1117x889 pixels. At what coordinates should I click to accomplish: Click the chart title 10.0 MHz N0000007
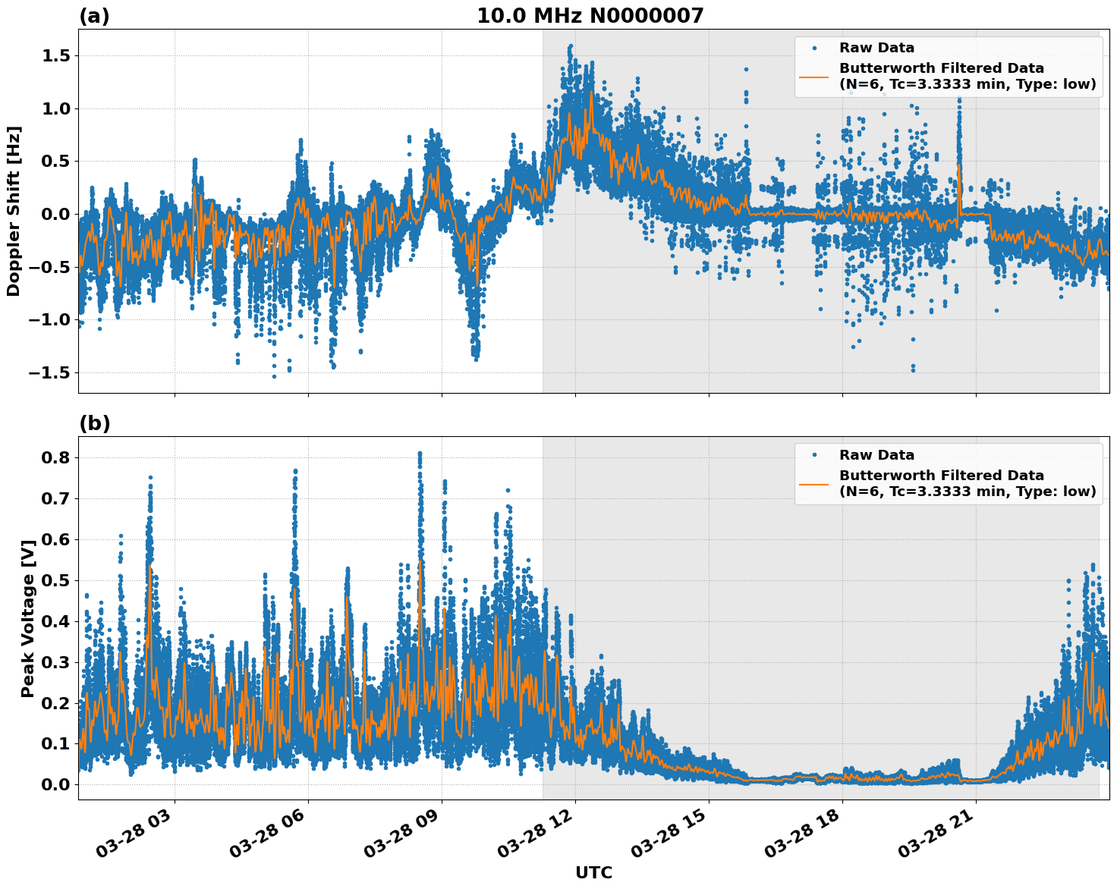tap(590, 16)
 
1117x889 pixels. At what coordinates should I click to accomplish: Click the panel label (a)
tap(94, 17)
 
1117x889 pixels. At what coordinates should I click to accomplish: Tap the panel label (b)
tap(94, 424)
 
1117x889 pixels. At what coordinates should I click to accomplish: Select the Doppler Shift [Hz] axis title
tap(14, 211)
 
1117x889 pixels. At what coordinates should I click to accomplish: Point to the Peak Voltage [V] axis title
tap(28, 618)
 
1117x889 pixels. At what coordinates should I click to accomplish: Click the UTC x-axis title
tap(593, 872)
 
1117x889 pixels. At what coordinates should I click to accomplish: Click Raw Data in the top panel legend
tap(876, 48)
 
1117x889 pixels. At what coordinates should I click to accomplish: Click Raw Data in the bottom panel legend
tap(876, 455)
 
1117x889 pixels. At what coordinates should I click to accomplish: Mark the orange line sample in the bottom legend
tap(814, 483)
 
